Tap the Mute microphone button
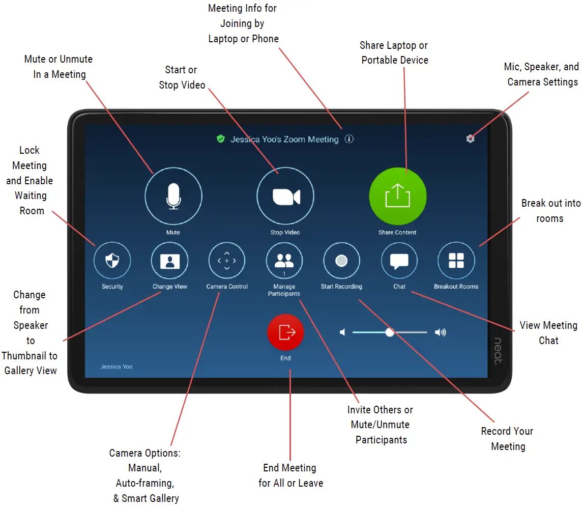click(173, 196)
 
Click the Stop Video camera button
click(285, 196)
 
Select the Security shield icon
click(112, 261)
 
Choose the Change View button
click(169, 261)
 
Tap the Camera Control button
click(227, 261)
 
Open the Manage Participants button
click(284, 261)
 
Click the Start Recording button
click(341, 261)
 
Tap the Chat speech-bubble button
click(399, 261)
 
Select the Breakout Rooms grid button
click(456, 261)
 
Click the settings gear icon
click(471, 138)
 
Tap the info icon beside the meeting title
click(349, 139)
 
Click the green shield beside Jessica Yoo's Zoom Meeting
click(221, 139)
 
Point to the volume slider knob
click(390, 332)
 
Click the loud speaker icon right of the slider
click(440, 332)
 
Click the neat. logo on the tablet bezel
click(498, 351)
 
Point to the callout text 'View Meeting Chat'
click(548, 333)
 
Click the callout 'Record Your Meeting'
click(507, 439)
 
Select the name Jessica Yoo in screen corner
click(117, 367)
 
